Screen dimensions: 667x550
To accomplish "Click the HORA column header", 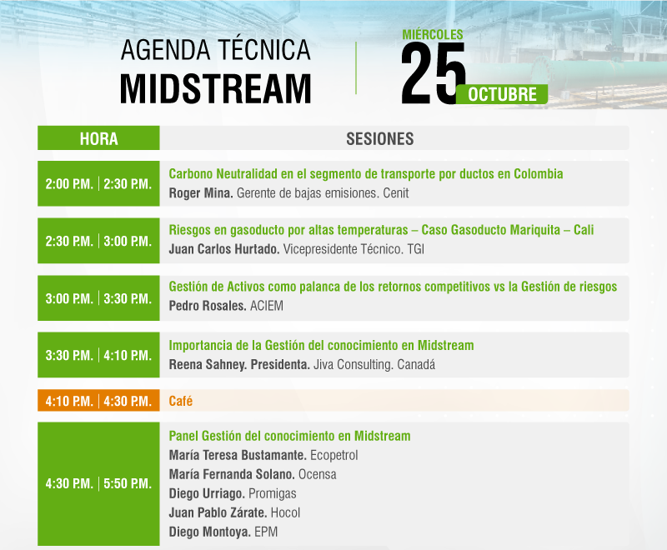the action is (x=98, y=138).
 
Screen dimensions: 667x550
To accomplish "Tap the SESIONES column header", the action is (x=380, y=138).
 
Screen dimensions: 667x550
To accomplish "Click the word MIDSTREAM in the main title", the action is (x=216, y=88).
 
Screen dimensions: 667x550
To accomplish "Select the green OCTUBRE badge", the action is (x=502, y=94).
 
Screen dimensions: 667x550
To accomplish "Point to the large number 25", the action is (x=432, y=73).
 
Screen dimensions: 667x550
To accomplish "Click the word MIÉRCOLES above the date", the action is (x=433, y=34).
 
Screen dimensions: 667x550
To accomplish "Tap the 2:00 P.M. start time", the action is (x=69, y=183).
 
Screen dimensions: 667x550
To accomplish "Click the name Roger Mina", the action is (x=200, y=193).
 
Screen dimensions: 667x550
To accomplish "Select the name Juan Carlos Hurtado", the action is (x=223, y=249).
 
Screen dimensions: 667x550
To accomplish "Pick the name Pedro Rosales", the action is (x=207, y=306).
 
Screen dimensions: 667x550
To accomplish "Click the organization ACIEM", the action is (x=266, y=306).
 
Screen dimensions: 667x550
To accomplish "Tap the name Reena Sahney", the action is (x=208, y=364).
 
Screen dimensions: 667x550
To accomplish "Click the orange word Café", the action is (x=180, y=401).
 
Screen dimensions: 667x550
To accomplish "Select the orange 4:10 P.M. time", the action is (x=69, y=401).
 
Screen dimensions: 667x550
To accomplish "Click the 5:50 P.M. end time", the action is (x=128, y=483).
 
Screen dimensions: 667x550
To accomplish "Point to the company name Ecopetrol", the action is (x=334, y=455).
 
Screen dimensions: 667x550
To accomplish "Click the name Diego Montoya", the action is (x=209, y=532).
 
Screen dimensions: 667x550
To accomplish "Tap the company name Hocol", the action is (x=285, y=512).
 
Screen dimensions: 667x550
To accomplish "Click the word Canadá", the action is (x=416, y=364).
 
